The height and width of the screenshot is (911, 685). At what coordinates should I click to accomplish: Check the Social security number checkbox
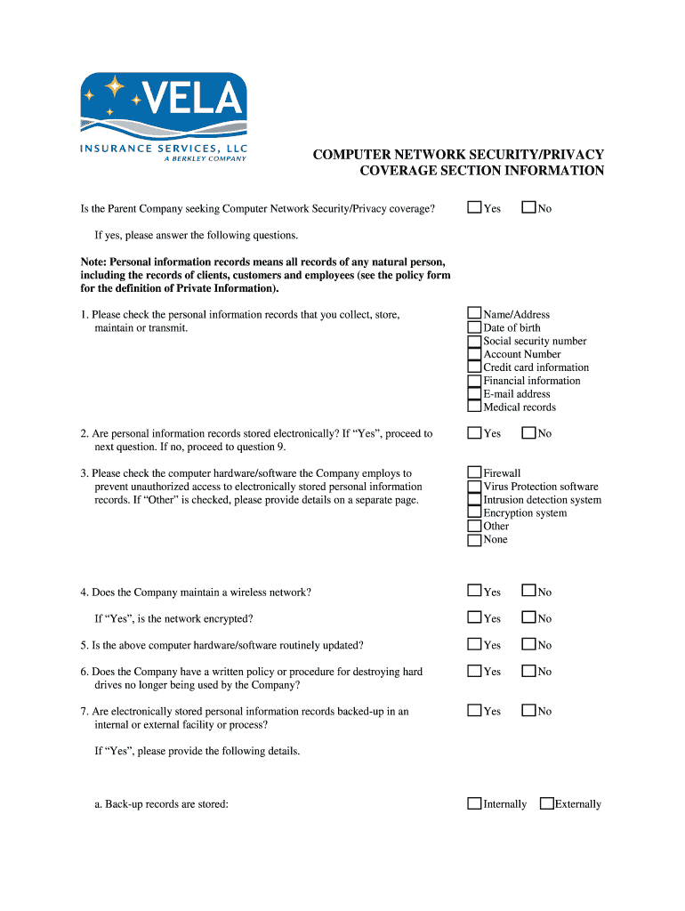[474, 341]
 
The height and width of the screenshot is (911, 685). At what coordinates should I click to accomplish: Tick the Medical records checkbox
[474, 407]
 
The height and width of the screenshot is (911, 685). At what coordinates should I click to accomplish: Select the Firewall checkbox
[474, 473]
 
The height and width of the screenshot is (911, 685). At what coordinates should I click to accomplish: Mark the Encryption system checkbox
[474, 512]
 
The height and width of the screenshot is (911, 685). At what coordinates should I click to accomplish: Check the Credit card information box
[474, 367]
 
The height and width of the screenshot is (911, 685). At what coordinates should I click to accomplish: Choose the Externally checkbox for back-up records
[546, 803]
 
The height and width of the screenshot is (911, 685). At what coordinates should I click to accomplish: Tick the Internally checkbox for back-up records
[474, 803]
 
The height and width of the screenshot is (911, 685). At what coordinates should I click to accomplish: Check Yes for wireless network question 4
[474, 591]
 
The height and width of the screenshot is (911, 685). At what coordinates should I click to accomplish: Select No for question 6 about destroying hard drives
[528, 671]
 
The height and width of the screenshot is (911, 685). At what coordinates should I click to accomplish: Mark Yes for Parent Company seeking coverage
[474, 208]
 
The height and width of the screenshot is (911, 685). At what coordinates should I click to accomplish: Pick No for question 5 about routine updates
[528, 644]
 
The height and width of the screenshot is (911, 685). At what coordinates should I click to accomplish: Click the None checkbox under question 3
[474, 539]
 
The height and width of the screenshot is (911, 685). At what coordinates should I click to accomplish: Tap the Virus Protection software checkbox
[474, 487]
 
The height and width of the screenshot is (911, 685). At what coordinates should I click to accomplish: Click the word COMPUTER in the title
[351, 155]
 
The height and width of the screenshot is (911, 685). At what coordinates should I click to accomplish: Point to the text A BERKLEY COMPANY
[205, 159]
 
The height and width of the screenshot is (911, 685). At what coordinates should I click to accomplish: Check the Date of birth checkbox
[474, 327]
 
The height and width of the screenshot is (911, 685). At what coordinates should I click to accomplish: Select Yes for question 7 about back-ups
[474, 711]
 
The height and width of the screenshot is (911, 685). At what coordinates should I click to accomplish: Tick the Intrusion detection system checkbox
[474, 500]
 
